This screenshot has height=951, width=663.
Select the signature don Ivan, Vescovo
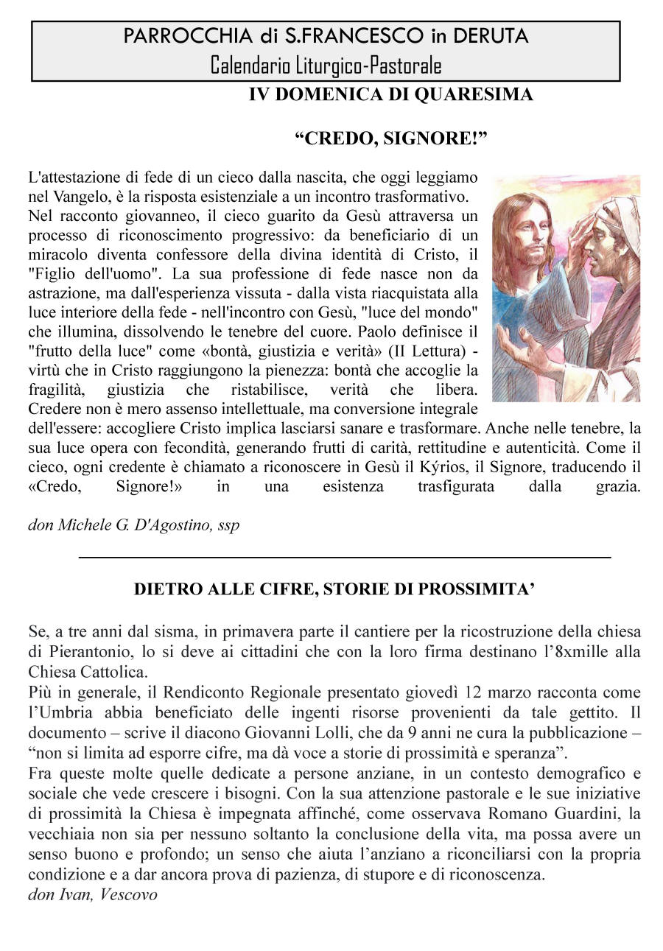93,896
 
